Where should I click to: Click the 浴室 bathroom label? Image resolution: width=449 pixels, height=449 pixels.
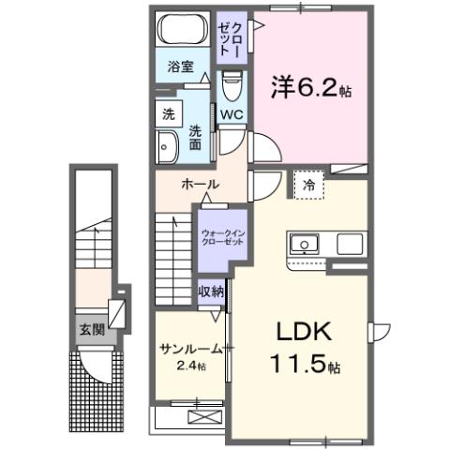pyautogui.click(x=181, y=67)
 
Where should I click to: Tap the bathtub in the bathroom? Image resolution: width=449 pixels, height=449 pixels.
pyautogui.click(x=182, y=31)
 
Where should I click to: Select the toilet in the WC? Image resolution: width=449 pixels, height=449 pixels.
pyautogui.click(x=232, y=86)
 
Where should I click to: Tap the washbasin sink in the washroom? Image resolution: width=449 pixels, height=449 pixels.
pyautogui.click(x=168, y=144)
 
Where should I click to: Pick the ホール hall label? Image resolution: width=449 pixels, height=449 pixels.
pyautogui.click(x=201, y=184)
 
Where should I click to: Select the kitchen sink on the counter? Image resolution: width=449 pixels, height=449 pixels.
pyautogui.click(x=305, y=245)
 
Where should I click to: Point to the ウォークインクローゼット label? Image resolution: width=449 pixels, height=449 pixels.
pyautogui.click(x=221, y=234)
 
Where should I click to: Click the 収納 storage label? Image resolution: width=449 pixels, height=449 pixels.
pyautogui.click(x=211, y=292)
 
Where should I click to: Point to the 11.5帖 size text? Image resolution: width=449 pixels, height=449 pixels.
pyautogui.click(x=305, y=363)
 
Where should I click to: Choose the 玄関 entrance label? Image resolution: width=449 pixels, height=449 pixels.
pyautogui.click(x=91, y=329)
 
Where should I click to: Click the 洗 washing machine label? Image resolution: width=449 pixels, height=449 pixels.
pyautogui.click(x=168, y=114)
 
